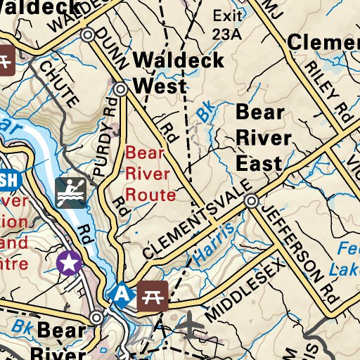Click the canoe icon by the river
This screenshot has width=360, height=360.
[x=70, y=192]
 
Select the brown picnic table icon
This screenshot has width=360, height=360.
[x=152, y=295]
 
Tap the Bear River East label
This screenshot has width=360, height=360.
[x=259, y=138]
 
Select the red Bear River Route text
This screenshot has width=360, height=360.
[x=150, y=173]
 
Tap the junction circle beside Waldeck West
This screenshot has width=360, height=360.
[x=121, y=89]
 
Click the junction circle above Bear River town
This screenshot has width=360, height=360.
[x=96, y=318]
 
